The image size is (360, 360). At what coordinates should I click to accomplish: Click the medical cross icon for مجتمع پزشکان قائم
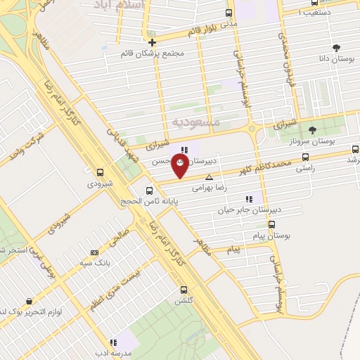(x=152, y=43)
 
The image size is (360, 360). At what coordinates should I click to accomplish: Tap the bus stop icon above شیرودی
(x=100, y=172)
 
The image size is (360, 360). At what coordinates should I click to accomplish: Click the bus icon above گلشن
(x=184, y=289)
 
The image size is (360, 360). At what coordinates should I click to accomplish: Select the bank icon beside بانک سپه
(x=94, y=252)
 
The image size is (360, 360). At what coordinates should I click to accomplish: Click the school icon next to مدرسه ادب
(x=114, y=342)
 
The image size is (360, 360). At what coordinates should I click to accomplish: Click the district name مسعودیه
(x=196, y=122)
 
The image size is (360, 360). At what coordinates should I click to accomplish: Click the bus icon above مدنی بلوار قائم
(x=228, y=12)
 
